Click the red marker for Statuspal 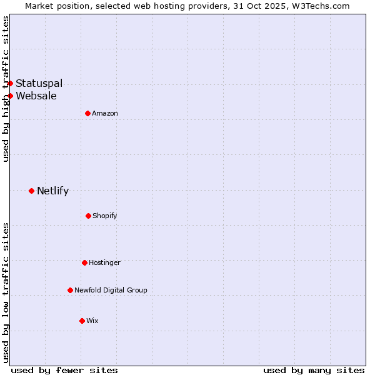[10, 83]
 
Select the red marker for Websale [10, 96]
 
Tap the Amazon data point [87, 113]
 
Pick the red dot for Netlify [31, 191]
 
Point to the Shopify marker [88, 216]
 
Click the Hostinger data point [84, 262]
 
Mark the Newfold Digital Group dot [70, 290]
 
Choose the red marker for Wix [82, 321]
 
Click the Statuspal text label [39, 83]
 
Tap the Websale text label [36, 96]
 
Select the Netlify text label [52, 191]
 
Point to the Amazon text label [105, 113]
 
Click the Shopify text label [104, 216]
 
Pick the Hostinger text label [104, 262]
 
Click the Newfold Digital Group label [111, 290]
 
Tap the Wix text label [92, 321]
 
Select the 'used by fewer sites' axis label [64, 370]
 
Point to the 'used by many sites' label [314, 370]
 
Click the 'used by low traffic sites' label [6, 292]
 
